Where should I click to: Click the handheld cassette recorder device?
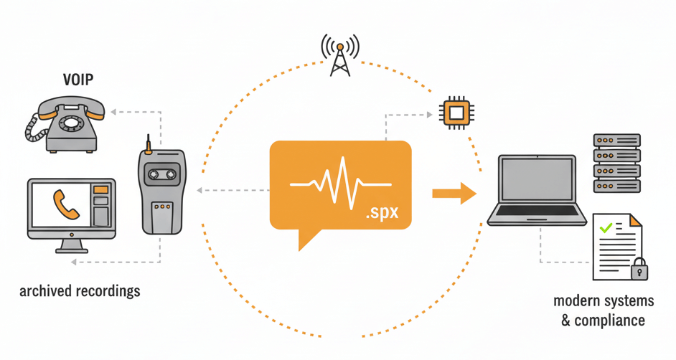point(163,191)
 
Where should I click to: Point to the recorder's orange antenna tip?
point(147,151)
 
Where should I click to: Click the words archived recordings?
point(80,291)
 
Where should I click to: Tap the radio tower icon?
point(340,54)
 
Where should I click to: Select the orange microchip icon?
point(456,113)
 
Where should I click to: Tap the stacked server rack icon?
point(616,162)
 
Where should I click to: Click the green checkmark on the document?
point(606,228)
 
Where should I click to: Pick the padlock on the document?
point(638,269)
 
